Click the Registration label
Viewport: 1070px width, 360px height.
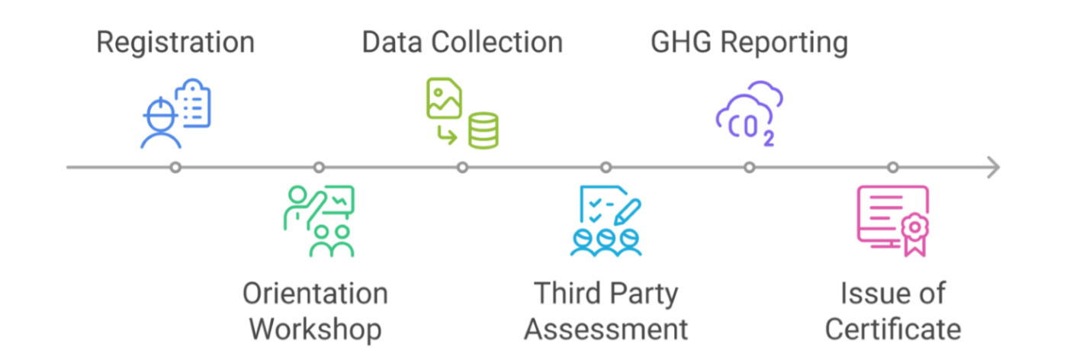(x=175, y=43)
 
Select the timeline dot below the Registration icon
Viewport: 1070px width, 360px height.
(x=175, y=167)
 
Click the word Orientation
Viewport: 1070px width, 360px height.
(x=315, y=294)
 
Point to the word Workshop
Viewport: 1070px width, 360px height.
(x=316, y=329)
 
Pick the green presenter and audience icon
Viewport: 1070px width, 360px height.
(x=320, y=220)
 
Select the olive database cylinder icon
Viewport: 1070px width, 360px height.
(x=484, y=130)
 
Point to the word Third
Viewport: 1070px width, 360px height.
(x=566, y=294)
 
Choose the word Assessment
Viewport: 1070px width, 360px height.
(x=606, y=329)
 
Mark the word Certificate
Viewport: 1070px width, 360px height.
(x=893, y=329)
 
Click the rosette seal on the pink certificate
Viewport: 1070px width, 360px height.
(x=913, y=229)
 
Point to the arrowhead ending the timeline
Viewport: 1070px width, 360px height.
(x=992, y=167)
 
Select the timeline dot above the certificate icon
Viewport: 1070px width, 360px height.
(x=893, y=167)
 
